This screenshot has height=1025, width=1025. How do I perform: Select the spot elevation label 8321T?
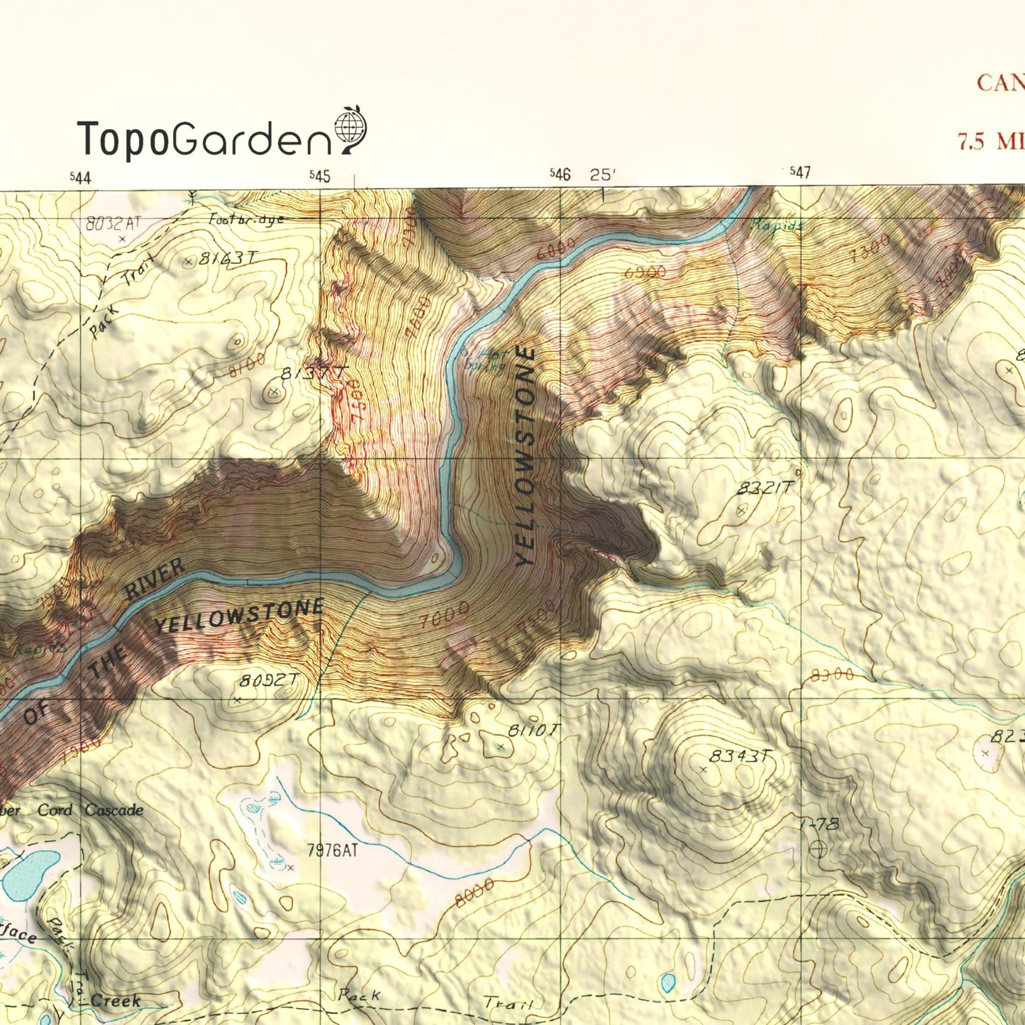click(765, 488)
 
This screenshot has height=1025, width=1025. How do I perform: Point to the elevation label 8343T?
click(740, 756)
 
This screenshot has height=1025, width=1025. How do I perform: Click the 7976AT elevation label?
click(332, 850)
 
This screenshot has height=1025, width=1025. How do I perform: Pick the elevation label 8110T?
click(534, 731)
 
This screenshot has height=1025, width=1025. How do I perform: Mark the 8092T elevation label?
click(269, 681)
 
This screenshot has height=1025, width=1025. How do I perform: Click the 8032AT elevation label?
click(113, 223)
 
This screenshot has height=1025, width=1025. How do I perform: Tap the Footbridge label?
click(246, 219)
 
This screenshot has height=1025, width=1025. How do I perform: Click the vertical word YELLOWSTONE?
click(526, 455)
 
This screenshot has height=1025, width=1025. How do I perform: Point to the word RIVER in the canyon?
click(155, 579)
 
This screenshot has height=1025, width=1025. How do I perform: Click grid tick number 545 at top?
click(320, 176)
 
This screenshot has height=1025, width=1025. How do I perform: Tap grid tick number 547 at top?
click(800, 172)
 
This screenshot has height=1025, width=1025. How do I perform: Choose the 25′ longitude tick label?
click(603, 174)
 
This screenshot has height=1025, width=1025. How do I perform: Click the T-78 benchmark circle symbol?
click(818, 848)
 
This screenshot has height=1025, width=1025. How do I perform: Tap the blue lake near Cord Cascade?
click(30, 875)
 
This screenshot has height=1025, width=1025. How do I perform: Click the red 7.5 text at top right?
click(972, 141)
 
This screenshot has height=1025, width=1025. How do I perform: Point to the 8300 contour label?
click(832, 675)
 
